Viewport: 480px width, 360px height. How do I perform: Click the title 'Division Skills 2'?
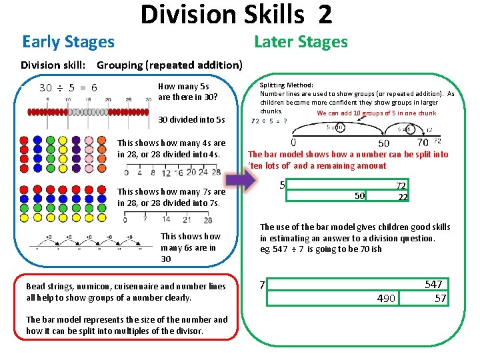[236, 15]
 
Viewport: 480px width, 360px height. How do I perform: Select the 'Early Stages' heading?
[68, 42]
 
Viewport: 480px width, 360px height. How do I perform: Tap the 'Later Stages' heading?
[301, 42]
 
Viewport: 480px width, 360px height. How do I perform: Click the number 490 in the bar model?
[386, 299]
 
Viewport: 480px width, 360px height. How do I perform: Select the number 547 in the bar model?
[433, 285]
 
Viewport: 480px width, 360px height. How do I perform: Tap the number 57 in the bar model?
[440, 299]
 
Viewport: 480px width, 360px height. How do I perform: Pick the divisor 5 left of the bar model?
[283, 185]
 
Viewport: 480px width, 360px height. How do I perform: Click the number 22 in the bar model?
[402, 197]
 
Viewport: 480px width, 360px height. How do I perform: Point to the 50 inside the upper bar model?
[359, 196]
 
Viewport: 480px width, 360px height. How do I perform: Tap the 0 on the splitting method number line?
[294, 142]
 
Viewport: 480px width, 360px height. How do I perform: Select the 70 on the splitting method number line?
[422, 142]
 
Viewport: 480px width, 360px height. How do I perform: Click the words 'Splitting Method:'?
[281, 85]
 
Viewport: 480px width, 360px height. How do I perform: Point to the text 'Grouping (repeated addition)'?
[169, 65]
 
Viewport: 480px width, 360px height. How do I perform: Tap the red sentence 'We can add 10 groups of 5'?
[377, 113]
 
